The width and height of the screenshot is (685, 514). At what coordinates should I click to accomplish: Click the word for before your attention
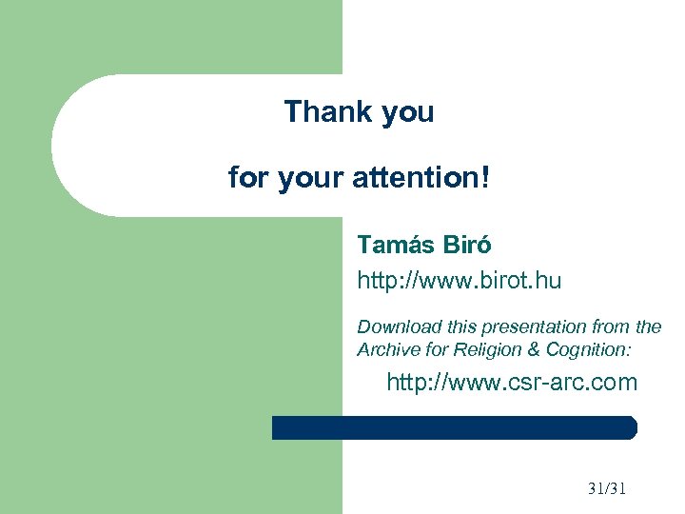[248, 177]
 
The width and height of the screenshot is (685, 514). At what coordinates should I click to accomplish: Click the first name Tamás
[396, 245]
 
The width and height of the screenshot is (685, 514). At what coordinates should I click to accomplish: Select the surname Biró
[467, 245]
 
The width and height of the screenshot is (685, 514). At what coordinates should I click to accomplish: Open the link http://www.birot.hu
[459, 281]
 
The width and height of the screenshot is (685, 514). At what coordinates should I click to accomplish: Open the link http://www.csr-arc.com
[511, 384]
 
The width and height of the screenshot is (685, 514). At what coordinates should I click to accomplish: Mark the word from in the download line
[611, 326]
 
